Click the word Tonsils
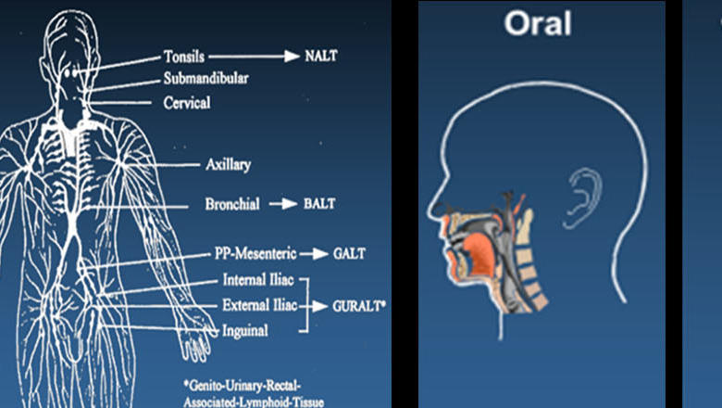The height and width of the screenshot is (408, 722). click(184, 57)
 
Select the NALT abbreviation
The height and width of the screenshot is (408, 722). click(321, 56)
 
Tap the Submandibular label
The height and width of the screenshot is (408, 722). click(206, 79)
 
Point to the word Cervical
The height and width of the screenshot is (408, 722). click(187, 102)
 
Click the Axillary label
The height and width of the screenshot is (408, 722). click(229, 164)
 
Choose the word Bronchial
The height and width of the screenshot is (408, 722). click(232, 204)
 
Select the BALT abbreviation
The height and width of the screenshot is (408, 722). click(319, 204)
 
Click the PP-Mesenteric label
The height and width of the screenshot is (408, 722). click(255, 253)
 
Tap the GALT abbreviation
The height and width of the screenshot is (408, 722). click(350, 253)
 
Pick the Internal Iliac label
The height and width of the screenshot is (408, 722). click(258, 279)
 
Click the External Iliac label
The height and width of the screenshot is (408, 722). click(260, 305)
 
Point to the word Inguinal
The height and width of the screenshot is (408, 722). click(245, 330)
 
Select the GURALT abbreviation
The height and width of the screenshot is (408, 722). click(359, 306)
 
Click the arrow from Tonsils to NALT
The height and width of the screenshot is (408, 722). click(255, 57)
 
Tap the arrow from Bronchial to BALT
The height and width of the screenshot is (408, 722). click(282, 204)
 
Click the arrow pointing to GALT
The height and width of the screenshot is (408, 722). click(314, 253)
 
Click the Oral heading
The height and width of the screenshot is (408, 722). click(538, 23)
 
